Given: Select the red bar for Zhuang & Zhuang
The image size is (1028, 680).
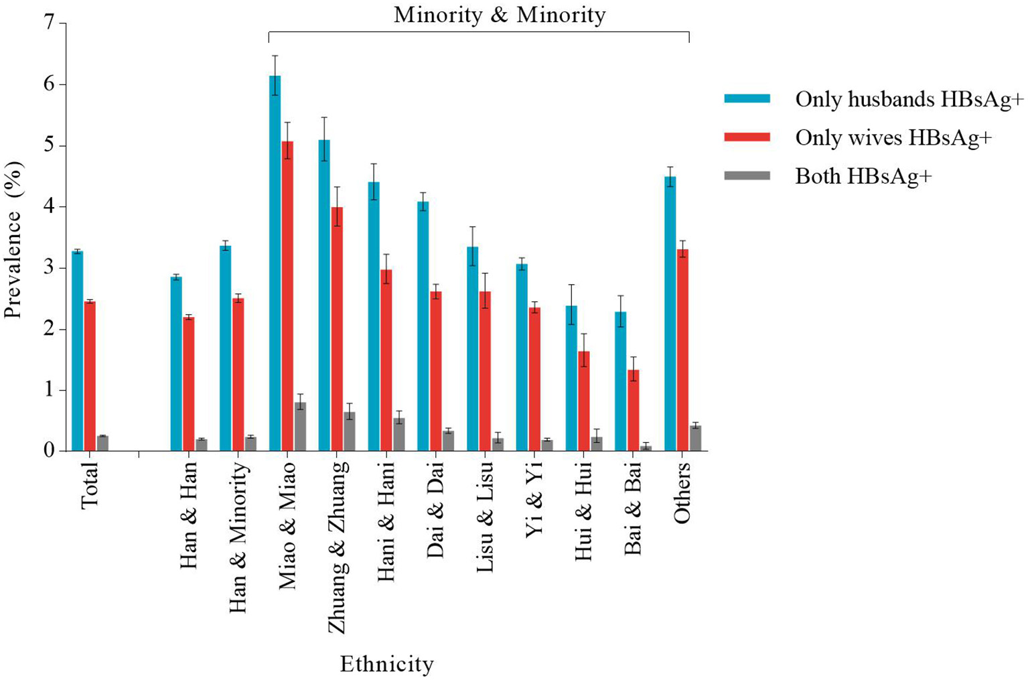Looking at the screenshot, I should tap(337, 329).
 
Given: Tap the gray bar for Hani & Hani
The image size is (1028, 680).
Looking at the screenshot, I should tap(398, 435).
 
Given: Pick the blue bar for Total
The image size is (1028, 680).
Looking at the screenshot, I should tap(78, 351).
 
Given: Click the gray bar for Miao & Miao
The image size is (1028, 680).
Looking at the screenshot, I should tap(300, 427).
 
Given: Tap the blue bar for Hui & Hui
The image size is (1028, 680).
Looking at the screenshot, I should tap(571, 379).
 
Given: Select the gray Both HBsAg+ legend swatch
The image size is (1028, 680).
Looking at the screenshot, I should tap(747, 176).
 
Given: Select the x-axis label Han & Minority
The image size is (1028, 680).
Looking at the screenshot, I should tap(238, 537).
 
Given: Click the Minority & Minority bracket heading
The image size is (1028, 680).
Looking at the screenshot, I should tap(499, 15).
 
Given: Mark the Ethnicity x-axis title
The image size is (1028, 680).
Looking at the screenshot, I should tap(386, 664).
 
